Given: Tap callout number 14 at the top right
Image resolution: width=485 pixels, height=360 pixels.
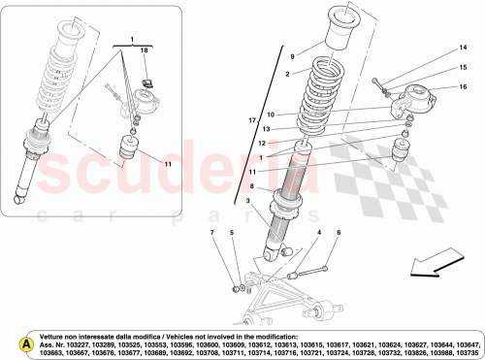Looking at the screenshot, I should pos(463,47).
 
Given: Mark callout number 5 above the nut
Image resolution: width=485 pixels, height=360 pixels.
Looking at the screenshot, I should pos(232,234).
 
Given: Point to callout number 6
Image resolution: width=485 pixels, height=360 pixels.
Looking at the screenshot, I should pos(339,234).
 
